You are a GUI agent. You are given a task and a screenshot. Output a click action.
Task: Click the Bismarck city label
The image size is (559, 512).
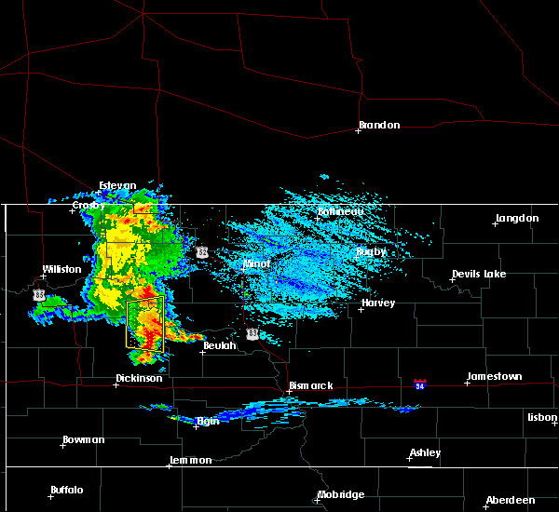coord(310,385)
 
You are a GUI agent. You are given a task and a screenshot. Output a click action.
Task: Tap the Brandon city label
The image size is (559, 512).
coord(379,125)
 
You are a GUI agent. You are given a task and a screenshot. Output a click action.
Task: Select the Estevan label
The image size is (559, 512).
coord(118,185)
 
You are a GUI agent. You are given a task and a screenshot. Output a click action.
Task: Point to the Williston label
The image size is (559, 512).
coord(61,269)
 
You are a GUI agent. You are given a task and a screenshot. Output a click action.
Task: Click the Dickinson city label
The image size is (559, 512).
coord(139,378)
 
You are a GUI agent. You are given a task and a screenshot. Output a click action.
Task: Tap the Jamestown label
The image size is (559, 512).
coord(494,376)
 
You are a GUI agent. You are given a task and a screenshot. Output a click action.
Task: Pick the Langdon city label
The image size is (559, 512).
coord(517,218)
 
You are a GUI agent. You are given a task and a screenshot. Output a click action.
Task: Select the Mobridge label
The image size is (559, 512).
coord(341,494)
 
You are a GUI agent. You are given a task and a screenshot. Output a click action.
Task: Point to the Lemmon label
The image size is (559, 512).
coord(191,460)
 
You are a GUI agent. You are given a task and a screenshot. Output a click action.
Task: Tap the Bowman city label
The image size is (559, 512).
coord(84,439)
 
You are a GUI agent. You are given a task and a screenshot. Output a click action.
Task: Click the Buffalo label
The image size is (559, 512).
coord(67,490)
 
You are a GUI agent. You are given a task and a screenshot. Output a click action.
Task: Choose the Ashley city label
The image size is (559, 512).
coord(426,452)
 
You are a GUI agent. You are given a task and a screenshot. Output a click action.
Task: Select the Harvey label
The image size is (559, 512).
coord(378,303)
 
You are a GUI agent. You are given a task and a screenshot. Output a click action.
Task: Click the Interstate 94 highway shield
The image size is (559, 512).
coord(421,384)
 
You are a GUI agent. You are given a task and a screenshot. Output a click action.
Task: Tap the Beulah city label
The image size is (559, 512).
coord(221,345)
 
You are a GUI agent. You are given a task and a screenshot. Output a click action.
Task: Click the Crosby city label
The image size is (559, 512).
coord(89,205)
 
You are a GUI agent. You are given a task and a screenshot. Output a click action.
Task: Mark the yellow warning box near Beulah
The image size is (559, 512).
coord(144,321)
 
